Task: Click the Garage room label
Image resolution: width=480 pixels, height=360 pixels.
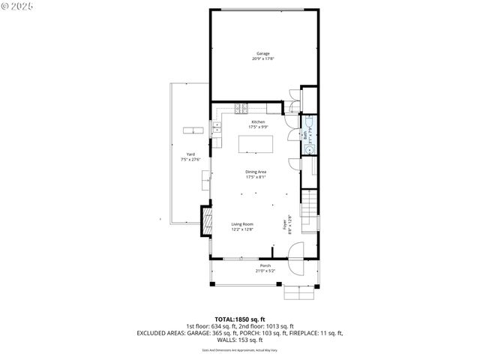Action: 262,53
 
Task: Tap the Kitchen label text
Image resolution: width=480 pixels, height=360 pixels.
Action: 258,121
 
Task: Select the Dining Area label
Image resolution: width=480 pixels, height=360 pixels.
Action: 256,172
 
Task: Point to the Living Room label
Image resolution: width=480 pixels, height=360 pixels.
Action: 241,224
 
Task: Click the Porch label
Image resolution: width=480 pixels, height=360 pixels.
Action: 265,266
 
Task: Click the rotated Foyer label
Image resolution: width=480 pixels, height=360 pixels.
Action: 285,224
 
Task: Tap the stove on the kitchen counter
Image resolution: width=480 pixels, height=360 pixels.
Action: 240,108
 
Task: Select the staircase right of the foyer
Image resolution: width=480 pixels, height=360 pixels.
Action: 310,203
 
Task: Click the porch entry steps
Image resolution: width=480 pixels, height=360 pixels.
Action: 298,290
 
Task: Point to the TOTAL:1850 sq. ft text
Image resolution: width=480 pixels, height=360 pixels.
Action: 240,319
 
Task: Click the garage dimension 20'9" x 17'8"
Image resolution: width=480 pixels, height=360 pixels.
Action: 262,58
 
